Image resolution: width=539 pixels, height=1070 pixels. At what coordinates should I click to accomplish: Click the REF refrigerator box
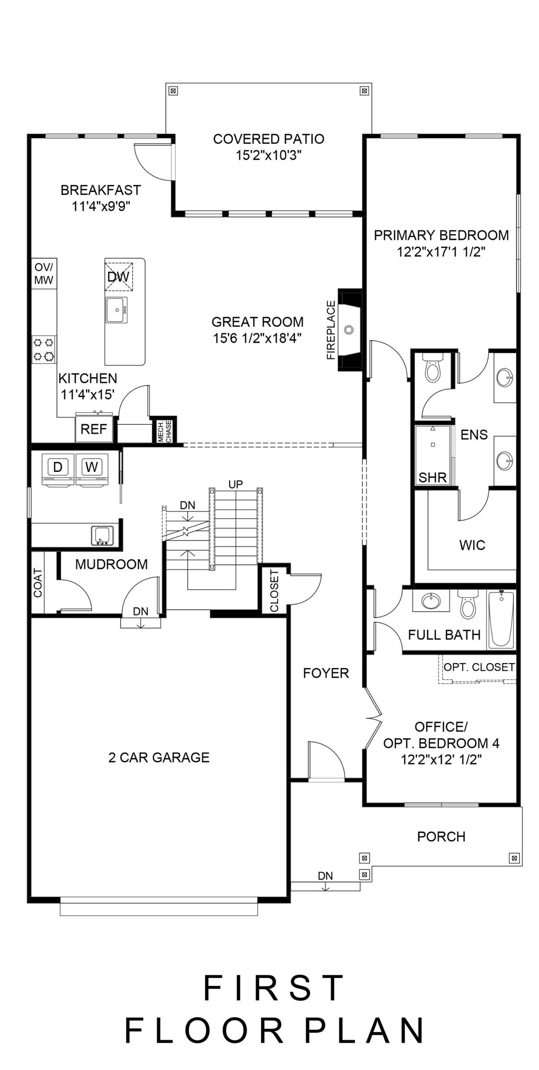pos(94,427)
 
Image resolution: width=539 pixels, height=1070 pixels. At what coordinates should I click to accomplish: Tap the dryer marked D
pos(59,469)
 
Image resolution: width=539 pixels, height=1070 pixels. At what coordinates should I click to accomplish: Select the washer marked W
pos(92,469)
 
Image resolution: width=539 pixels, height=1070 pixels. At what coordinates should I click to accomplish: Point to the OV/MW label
pos(44,273)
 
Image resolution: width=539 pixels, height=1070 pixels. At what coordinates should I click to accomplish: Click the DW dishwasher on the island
pos(118,276)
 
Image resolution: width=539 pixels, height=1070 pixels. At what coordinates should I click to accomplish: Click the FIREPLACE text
pos(330,330)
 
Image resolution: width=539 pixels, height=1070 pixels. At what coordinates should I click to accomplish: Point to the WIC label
pos(472,545)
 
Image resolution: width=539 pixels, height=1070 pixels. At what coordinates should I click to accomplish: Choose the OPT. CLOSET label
pos(479,667)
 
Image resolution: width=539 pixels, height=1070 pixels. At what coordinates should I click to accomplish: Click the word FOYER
pos(326,673)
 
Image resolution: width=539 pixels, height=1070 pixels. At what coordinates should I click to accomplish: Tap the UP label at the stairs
pos(236,484)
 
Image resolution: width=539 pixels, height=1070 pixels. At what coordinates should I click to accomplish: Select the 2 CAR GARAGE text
pos(159,758)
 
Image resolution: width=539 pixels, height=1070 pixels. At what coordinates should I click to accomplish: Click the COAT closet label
pos(38,583)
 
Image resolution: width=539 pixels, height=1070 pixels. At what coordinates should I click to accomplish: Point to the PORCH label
pos(441,836)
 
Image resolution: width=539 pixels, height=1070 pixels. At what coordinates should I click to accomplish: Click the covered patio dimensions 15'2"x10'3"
pos(269,155)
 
